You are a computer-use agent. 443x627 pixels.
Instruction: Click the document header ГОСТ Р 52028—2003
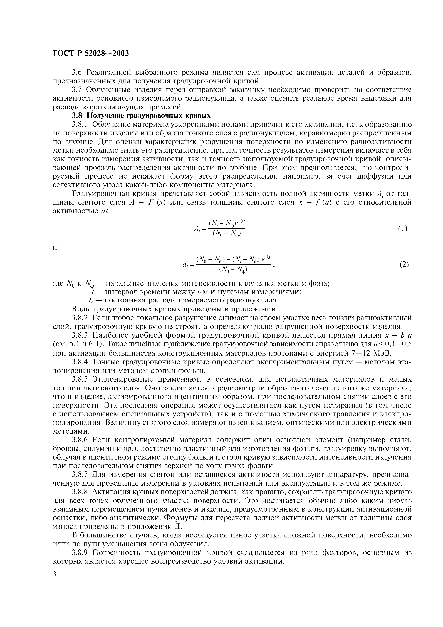point(90,53)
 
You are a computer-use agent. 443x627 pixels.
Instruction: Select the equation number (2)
point(404,264)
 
